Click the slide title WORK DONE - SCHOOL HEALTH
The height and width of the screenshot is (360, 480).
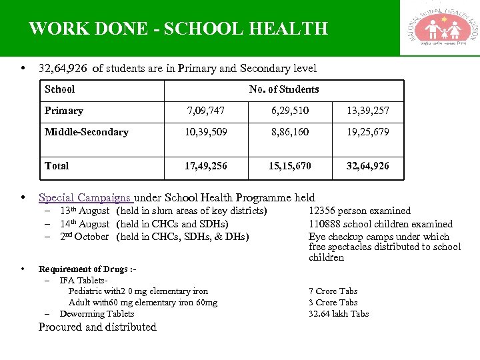pos(179,29)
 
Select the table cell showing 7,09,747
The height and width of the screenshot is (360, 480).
pos(206,111)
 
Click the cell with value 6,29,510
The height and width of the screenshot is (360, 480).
pos(289,111)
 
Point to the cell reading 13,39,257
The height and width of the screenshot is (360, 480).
pos(367,111)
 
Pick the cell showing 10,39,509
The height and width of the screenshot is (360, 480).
pos(206,132)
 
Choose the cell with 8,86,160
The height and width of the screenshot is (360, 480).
pos(289,132)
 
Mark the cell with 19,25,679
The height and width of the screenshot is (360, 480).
pos(367,132)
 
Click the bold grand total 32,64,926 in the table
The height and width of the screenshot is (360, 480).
pos(367,165)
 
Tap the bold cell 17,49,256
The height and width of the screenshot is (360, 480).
pos(206,165)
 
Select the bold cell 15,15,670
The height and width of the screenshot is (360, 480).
pos(289,165)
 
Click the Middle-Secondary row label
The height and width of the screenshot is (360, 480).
pos(86,132)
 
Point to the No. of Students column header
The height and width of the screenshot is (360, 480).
pos(284,89)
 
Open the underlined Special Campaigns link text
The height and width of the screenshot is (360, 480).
pos(85,197)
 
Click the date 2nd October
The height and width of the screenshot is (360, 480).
pos(84,237)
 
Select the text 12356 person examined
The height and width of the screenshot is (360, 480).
pos(359,211)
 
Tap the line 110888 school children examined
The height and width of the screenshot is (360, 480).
pos(380,224)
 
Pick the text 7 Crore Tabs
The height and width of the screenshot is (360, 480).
pos(333,291)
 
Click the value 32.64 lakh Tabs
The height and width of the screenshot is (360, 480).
pos(338,314)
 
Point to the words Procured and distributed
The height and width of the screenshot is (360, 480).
pos(97,327)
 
